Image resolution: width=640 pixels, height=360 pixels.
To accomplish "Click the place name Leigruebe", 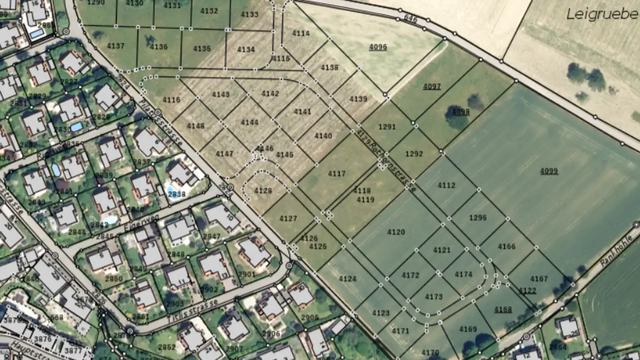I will pyautogui.click(x=602, y=14).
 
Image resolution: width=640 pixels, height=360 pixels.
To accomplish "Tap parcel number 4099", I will pyautogui.click(x=549, y=171).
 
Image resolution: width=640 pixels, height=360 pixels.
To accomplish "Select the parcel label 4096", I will pyautogui.click(x=378, y=47).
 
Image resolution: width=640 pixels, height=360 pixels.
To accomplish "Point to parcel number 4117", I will pyautogui.click(x=336, y=174).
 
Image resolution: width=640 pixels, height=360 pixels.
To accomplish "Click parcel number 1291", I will pyautogui.click(x=387, y=127).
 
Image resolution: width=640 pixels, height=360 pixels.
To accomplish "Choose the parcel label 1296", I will pyautogui.click(x=478, y=218).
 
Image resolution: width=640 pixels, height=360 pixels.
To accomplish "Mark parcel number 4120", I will pyautogui.click(x=396, y=232).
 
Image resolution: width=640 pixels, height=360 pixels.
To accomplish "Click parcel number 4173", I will pyautogui.click(x=434, y=296).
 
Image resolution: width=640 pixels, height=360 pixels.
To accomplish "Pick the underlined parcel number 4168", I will pyautogui.click(x=503, y=309).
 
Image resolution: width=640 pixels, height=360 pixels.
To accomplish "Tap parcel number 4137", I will pyautogui.click(x=116, y=46).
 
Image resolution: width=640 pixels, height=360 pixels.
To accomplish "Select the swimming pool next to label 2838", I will pyautogui.click(x=171, y=191).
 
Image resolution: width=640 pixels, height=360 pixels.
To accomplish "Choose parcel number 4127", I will pyautogui.click(x=288, y=218).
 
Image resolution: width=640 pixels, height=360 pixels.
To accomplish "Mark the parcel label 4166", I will pyautogui.click(x=507, y=246).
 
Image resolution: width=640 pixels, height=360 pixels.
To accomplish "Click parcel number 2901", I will pyautogui.click(x=247, y=274).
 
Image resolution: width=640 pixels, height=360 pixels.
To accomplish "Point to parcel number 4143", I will pyautogui.click(x=220, y=94).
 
